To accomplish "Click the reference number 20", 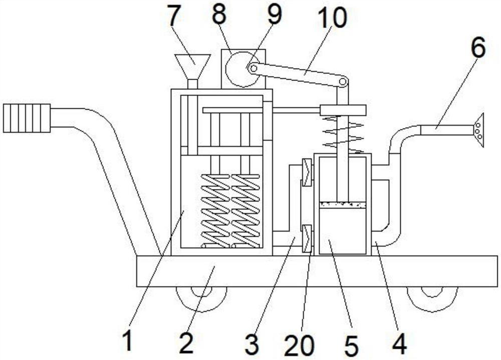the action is pos(299,345).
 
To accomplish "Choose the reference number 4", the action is pos(399,344).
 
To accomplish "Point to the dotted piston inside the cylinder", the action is pos(343,205).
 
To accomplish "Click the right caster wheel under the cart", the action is pos(432,296).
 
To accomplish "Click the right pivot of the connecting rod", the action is pos(343,81).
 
